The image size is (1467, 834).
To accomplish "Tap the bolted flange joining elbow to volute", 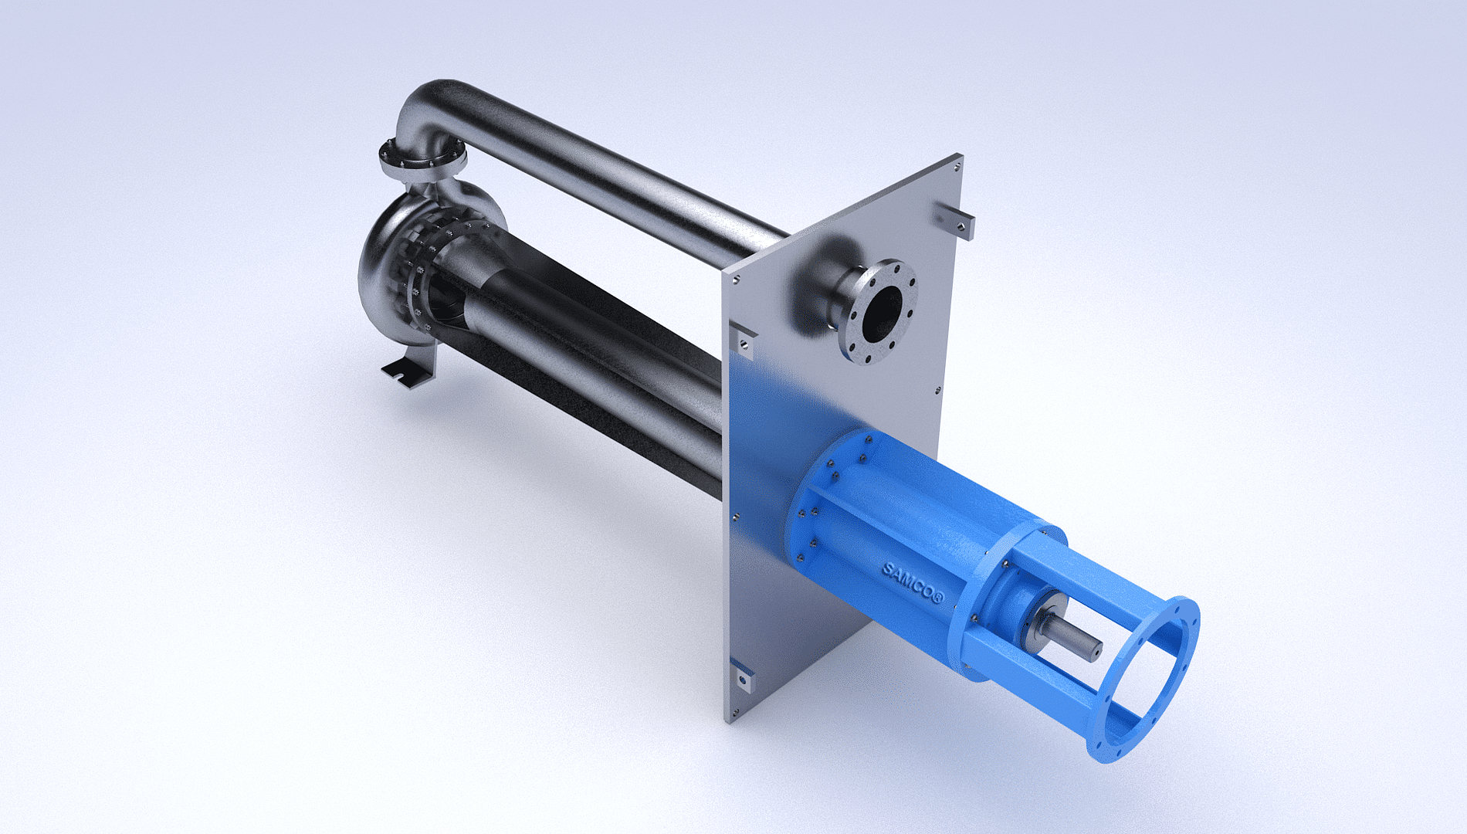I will click(422, 158).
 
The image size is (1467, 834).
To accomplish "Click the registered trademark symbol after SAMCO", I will click(938, 598).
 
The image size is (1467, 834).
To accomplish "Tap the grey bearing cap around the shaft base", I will click(1027, 610).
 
